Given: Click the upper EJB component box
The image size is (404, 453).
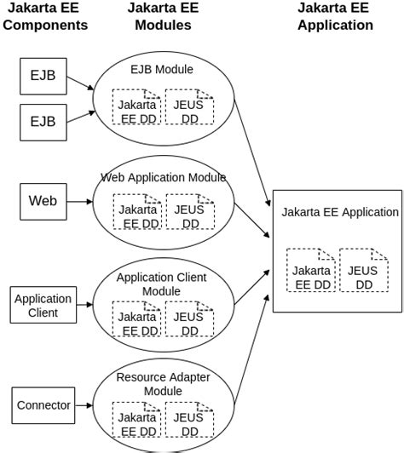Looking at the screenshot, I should (43, 76).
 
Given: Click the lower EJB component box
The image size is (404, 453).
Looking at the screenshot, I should (43, 121).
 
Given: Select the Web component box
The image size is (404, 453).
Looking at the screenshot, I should (43, 201).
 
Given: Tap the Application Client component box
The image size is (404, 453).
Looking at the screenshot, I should (43, 306).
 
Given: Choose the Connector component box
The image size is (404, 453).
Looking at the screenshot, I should (43, 405).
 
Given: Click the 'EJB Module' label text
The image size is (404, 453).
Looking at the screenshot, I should (162, 69).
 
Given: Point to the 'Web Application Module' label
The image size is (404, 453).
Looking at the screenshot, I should (164, 178).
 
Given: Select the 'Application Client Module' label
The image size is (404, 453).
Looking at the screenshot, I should (162, 284).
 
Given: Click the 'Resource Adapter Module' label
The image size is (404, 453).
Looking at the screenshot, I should (162, 384).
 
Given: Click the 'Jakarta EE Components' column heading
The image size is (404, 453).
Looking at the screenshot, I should (45, 16).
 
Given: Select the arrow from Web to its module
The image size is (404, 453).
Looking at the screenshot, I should (78, 202).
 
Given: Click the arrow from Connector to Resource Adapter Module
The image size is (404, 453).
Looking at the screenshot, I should (83, 405).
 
